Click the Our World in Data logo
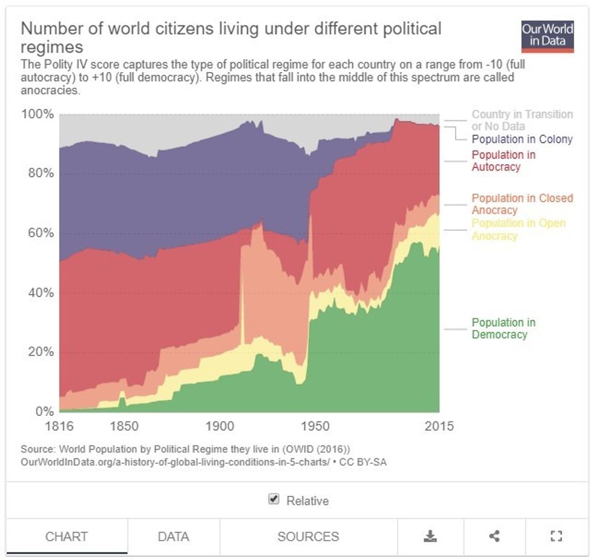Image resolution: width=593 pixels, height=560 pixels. [x=547, y=36]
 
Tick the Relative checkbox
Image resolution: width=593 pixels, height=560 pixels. [x=274, y=499]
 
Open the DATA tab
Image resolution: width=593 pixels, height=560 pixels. [x=173, y=536]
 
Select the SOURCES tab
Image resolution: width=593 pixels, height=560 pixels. [x=308, y=536]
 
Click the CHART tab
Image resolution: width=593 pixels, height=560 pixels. [x=67, y=536]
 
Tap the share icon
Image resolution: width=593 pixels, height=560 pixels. [x=494, y=536]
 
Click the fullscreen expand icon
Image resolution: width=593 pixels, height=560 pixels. [x=557, y=536]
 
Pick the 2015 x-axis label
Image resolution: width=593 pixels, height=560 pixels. [x=439, y=426]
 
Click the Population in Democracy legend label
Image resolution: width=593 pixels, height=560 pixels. [x=503, y=329]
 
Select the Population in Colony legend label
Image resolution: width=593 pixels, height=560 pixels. [x=522, y=139]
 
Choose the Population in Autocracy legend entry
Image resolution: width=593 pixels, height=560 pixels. [x=503, y=160]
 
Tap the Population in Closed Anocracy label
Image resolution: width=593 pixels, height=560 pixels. [x=522, y=204]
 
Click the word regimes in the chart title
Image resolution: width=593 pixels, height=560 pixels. [x=51, y=47]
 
